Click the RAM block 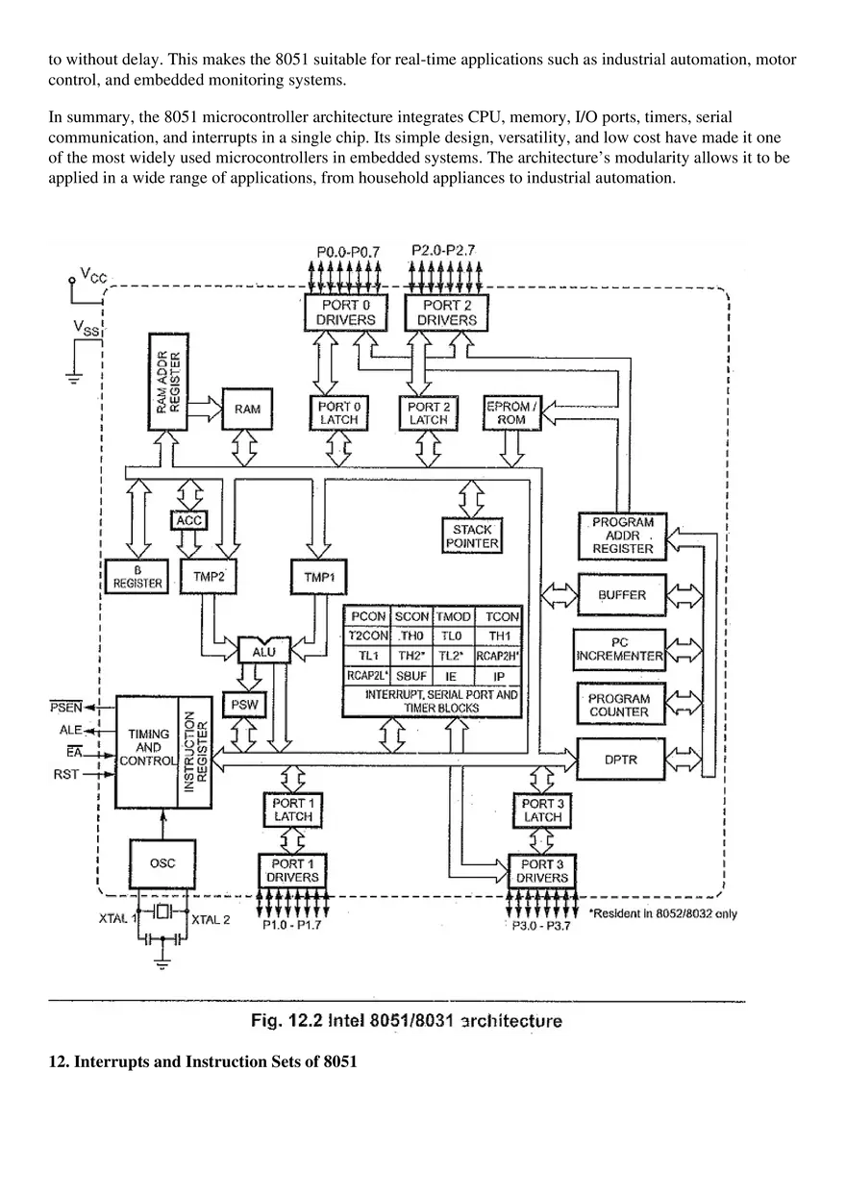pyautogui.click(x=247, y=409)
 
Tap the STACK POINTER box pyautogui.click(x=472, y=536)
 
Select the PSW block pyautogui.click(x=240, y=705)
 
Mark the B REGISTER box pyautogui.click(x=138, y=576)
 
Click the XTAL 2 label pyautogui.click(x=211, y=919)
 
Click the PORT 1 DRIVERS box pyautogui.click(x=293, y=870)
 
